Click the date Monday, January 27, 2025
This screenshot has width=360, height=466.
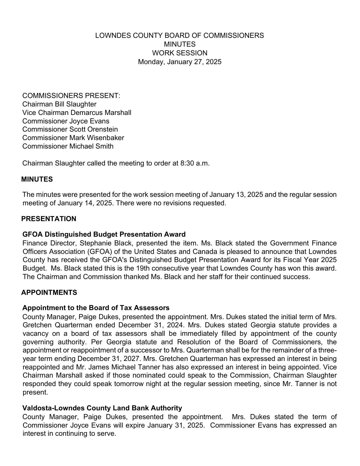pyautogui.click(x=180, y=62)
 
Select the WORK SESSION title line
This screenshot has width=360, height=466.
pyautogui.click(x=180, y=53)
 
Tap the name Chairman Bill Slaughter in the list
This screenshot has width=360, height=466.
pyautogui.click(x=59, y=104)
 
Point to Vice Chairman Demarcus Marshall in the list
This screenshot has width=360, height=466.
pyautogui.click(x=77, y=113)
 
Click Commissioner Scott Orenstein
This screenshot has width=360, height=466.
pyautogui.click(x=70, y=129)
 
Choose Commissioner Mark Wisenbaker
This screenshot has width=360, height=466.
pyautogui.click(x=73, y=138)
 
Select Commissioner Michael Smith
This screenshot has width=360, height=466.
pyautogui.click(x=68, y=146)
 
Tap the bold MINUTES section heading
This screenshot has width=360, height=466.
pyautogui.click(x=37, y=179)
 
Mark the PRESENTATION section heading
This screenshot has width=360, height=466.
pyautogui.click(x=49, y=219)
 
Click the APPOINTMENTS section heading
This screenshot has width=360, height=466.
pyautogui.click(x=49, y=293)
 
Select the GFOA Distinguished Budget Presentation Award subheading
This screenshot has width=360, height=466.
pyautogui.click(x=104, y=234)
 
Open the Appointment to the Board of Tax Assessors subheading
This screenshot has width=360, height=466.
pyautogui.click(x=96, y=308)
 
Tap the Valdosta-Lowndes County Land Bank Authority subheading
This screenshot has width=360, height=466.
pyautogui.click(x=102, y=408)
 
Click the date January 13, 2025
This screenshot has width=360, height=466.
pyautogui.click(x=234, y=195)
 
